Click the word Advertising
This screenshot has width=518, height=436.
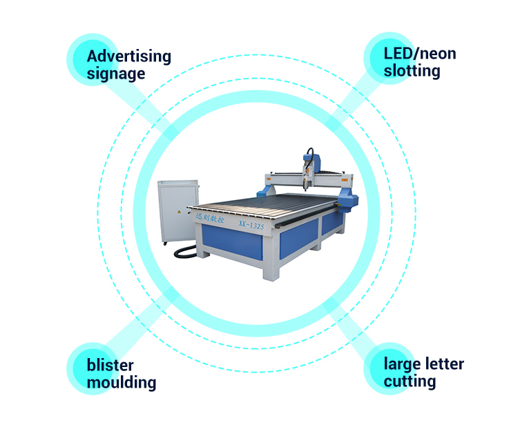point(128,57)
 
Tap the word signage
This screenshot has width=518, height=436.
point(116,74)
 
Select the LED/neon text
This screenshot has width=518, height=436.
point(420,54)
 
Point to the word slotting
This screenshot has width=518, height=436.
point(412,71)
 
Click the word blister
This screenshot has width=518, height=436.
point(111,365)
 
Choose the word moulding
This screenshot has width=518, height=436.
point(122,382)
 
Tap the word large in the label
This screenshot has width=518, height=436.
point(401,364)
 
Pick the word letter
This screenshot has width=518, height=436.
point(443,364)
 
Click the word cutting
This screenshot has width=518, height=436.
point(410,381)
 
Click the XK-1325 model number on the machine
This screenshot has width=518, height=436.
point(252,224)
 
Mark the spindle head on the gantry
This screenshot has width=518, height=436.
point(308,169)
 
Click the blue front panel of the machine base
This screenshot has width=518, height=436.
point(232,244)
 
